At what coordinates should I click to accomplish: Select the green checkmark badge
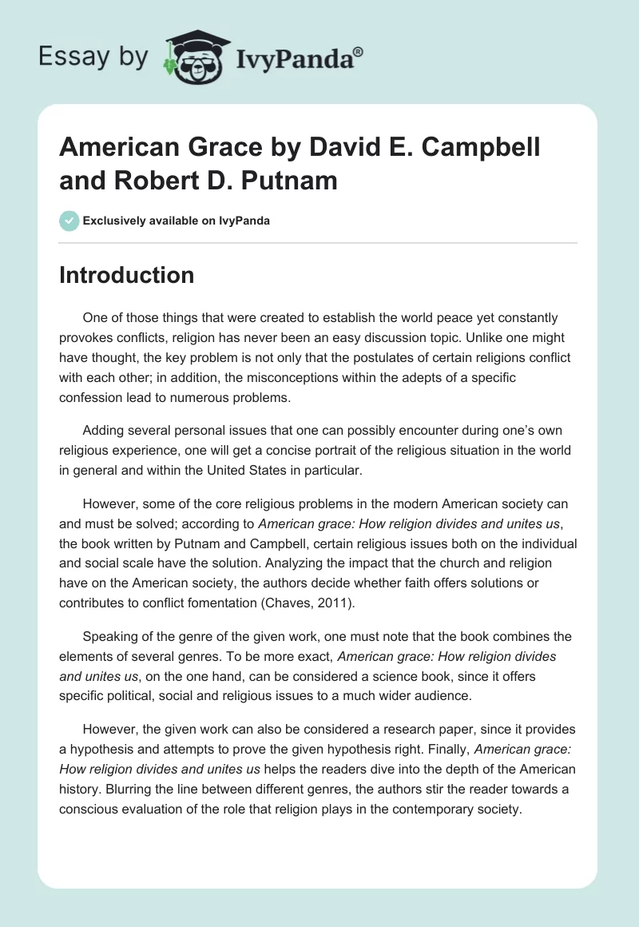pos(69,221)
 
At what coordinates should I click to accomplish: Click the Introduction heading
pos(126,275)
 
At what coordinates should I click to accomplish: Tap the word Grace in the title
pos(200,147)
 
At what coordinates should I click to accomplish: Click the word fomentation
pos(232,602)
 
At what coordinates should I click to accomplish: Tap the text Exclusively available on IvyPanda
pos(177,221)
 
